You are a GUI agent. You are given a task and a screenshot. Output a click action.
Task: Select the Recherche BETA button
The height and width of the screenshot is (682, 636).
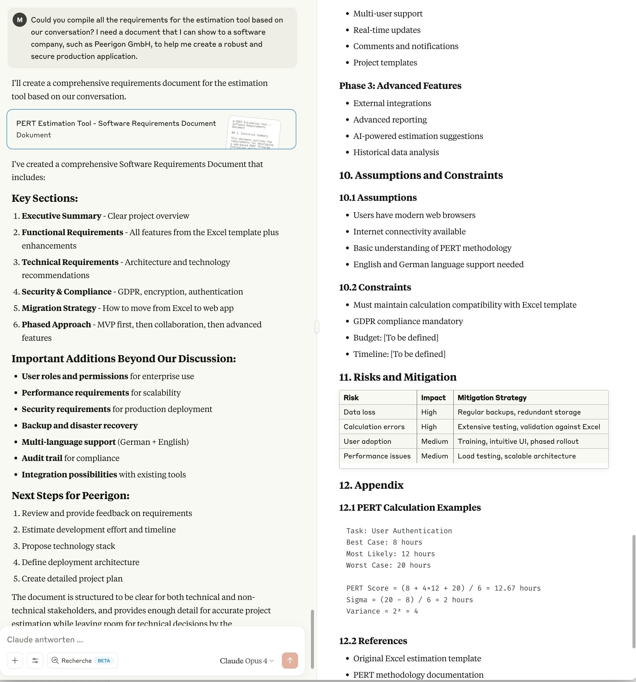click(82, 660)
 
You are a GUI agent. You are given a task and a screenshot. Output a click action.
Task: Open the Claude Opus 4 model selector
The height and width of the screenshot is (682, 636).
click(246, 661)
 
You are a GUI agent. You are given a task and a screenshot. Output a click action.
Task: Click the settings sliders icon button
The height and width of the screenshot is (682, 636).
click(35, 660)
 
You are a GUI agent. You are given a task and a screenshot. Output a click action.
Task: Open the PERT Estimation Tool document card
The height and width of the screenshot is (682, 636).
click(151, 129)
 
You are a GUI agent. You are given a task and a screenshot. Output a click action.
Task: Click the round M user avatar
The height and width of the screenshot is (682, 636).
click(19, 20)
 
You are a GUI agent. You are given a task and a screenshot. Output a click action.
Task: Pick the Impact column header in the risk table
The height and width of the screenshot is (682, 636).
click(433, 398)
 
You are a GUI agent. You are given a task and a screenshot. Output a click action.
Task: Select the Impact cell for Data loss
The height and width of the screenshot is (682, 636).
click(429, 412)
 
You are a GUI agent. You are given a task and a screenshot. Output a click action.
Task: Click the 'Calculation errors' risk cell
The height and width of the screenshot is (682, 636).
click(374, 427)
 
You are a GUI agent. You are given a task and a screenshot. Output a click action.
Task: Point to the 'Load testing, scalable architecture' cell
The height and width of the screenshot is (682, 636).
click(516, 456)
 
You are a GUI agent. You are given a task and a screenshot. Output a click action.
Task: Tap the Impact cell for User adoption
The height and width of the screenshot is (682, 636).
click(434, 441)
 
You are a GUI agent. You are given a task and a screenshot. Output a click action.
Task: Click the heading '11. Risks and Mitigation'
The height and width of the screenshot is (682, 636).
click(398, 377)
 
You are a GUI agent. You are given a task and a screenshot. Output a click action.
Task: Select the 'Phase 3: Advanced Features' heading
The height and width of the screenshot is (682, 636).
click(400, 86)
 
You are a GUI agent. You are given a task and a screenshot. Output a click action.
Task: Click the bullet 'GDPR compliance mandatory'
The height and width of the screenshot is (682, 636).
click(408, 321)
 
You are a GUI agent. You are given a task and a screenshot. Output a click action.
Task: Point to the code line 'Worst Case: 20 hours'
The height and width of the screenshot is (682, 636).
click(388, 565)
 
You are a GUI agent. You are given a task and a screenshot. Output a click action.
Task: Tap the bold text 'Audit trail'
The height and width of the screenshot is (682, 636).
click(42, 458)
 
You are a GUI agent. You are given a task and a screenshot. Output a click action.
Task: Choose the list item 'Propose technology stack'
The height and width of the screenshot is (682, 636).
click(68, 546)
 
